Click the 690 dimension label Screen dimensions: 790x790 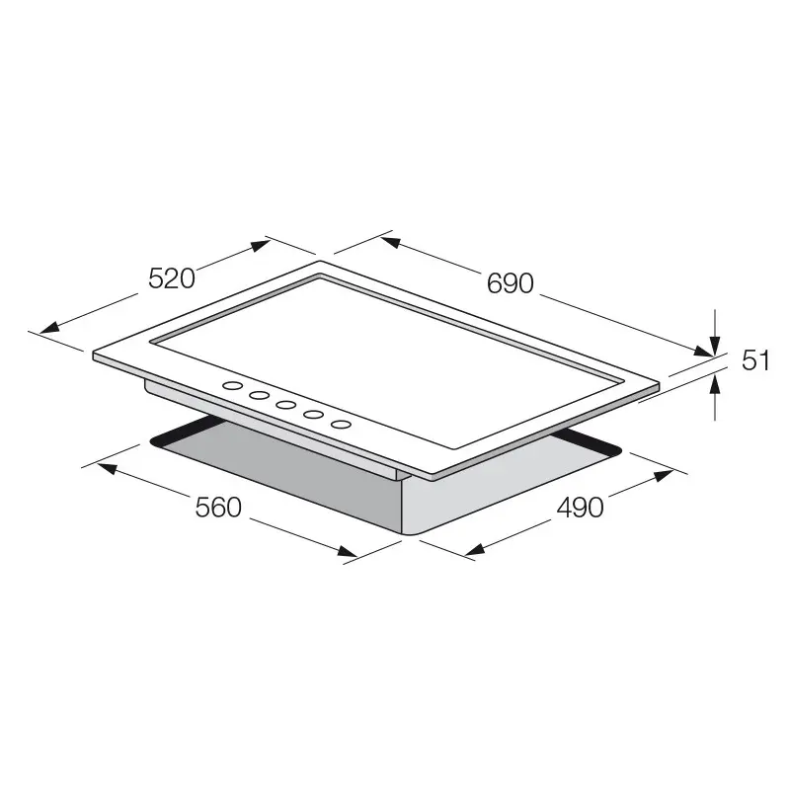[x=510, y=283]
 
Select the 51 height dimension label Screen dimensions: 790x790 [x=755, y=361]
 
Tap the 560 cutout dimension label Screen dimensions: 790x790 [x=218, y=508]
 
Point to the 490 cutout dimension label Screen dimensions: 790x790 [x=580, y=508]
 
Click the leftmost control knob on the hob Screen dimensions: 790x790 [x=234, y=387]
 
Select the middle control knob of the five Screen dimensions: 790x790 [x=287, y=405]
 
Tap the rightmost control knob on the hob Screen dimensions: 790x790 [x=341, y=424]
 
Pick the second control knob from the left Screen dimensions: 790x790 [x=261, y=396]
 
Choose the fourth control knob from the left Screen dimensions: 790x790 [x=314, y=415]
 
